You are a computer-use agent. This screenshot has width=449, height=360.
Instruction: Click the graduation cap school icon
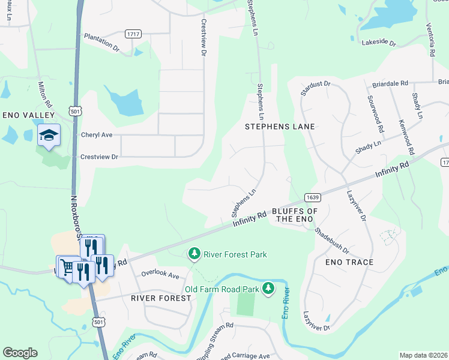pos(49,135)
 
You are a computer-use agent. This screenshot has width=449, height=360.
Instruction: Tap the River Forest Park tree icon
pos(194,254)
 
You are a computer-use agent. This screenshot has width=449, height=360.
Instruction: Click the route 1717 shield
pos(133,34)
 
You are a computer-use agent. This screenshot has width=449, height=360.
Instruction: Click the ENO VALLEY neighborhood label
pos(28,115)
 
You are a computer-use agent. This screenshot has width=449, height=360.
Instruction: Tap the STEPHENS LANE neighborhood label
pos(280,127)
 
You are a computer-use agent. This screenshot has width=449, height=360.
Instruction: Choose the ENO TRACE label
pos(349,262)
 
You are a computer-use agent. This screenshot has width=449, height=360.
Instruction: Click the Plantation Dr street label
pos(102,41)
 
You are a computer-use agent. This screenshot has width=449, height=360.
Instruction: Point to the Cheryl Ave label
pos(97,135)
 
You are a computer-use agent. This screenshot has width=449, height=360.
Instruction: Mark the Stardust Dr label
pos(316,89)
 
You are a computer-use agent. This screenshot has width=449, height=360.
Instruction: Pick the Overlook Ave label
pos(160,275)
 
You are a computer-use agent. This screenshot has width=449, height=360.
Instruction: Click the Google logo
pos(20,353)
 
